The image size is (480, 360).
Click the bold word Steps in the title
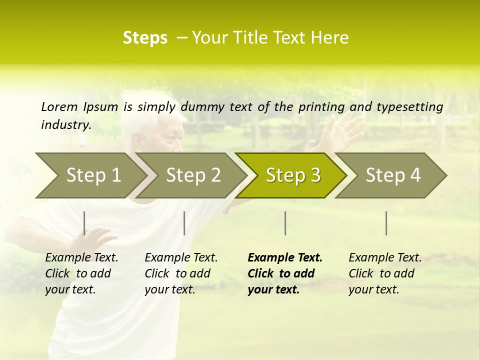[145, 38]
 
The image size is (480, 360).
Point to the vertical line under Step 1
[84, 223]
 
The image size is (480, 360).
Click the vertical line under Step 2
[184, 223]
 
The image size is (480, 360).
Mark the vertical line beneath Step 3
[285, 223]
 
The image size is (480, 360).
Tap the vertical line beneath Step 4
[386, 223]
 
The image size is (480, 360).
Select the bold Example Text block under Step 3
[285, 273]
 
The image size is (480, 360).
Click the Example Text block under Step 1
[81, 273]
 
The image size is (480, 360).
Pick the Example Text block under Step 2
[181, 273]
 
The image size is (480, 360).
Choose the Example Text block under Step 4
[385, 273]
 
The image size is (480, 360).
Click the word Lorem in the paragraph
[59, 106]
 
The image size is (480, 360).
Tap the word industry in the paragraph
[65, 125]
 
